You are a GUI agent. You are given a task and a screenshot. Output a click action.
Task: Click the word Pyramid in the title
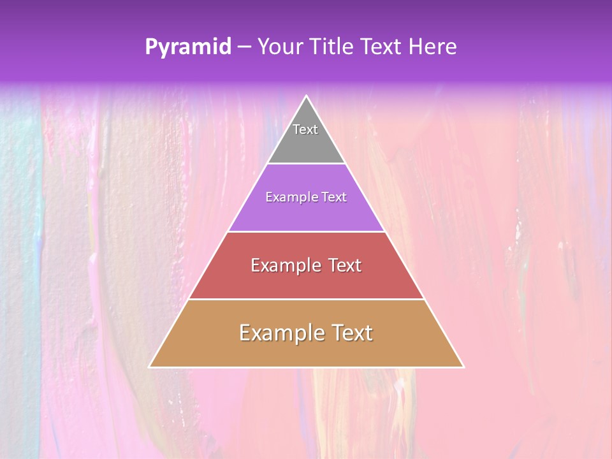coord(187,47)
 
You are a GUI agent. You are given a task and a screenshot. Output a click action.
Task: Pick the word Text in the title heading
coord(381,47)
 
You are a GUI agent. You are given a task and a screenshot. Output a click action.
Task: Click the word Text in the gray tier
coord(305,129)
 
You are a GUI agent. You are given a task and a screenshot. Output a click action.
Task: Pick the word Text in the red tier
coord(345,265)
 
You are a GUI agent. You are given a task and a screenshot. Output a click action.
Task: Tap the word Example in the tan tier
coord(280,333)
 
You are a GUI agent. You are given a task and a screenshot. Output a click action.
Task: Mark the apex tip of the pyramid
coord(306,96)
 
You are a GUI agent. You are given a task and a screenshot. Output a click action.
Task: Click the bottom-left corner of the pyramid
coord(150,367)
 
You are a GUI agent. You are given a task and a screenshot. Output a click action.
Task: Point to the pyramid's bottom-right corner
coord(463,367)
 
